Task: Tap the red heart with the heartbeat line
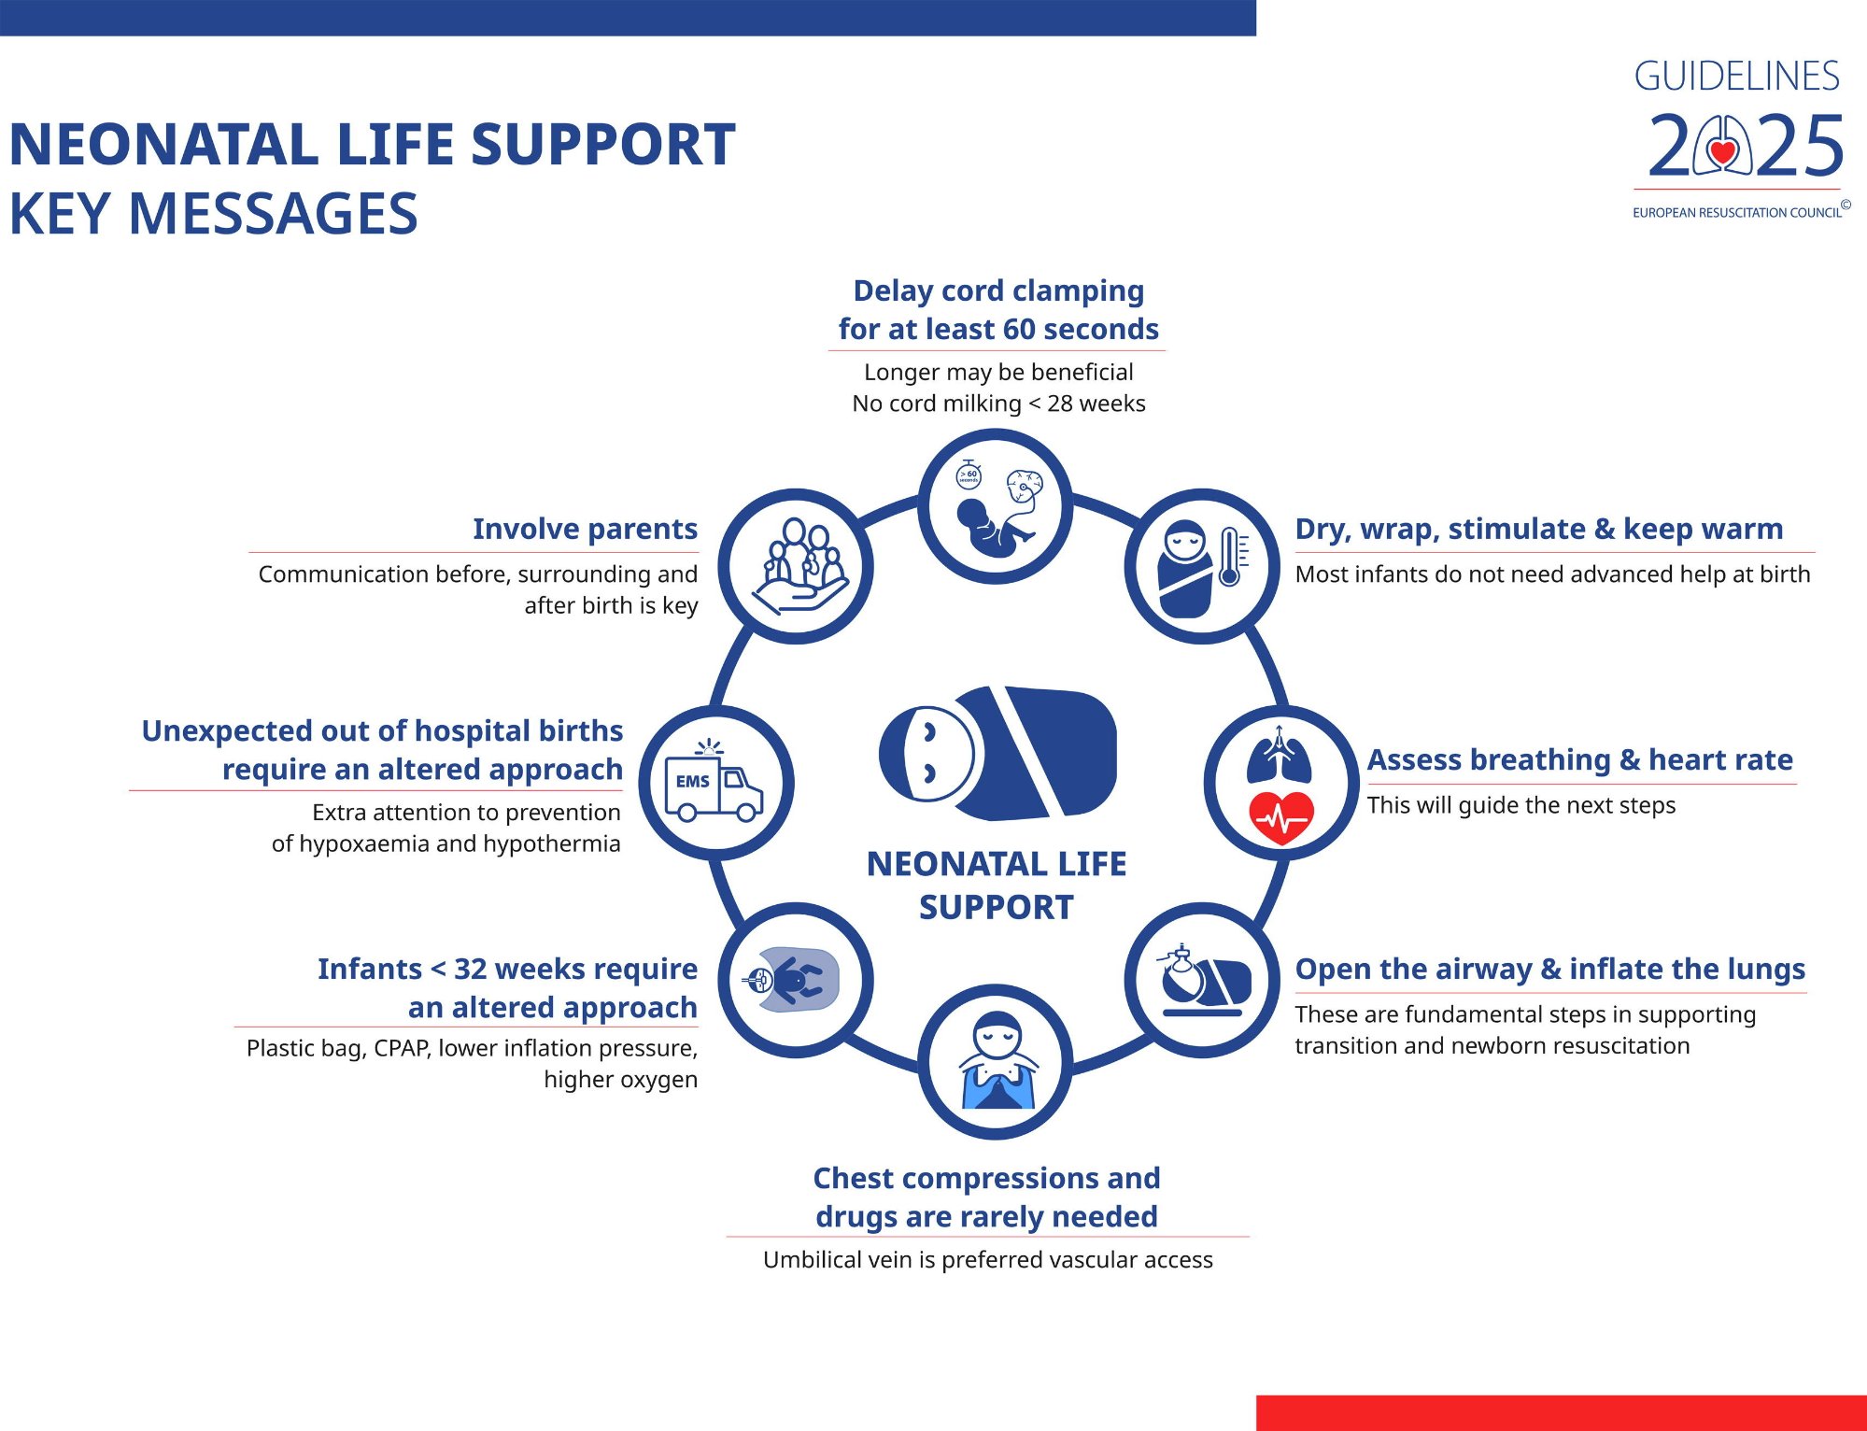(x=1281, y=816)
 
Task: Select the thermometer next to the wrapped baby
(x=1230, y=557)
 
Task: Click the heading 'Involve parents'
(x=585, y=529)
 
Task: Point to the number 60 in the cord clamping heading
(x=1019, y=329)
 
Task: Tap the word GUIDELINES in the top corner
(x=1736, y=77)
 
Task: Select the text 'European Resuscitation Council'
(x=1736, y=213)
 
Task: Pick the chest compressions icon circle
(x=996, y=1061)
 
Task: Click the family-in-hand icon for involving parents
(x=797, y=566)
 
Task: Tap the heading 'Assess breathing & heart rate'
(x=1579, y=759)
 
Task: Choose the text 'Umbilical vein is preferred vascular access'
(x=987, y=1259)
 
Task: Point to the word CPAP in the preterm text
(x=402, y=1048)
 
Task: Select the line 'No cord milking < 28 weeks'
(x=998, y=404)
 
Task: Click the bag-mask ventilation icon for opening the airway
(x=1202, y=980)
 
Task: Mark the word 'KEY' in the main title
(x=60, y=214)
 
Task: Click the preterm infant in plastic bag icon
(x=795, y=980)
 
